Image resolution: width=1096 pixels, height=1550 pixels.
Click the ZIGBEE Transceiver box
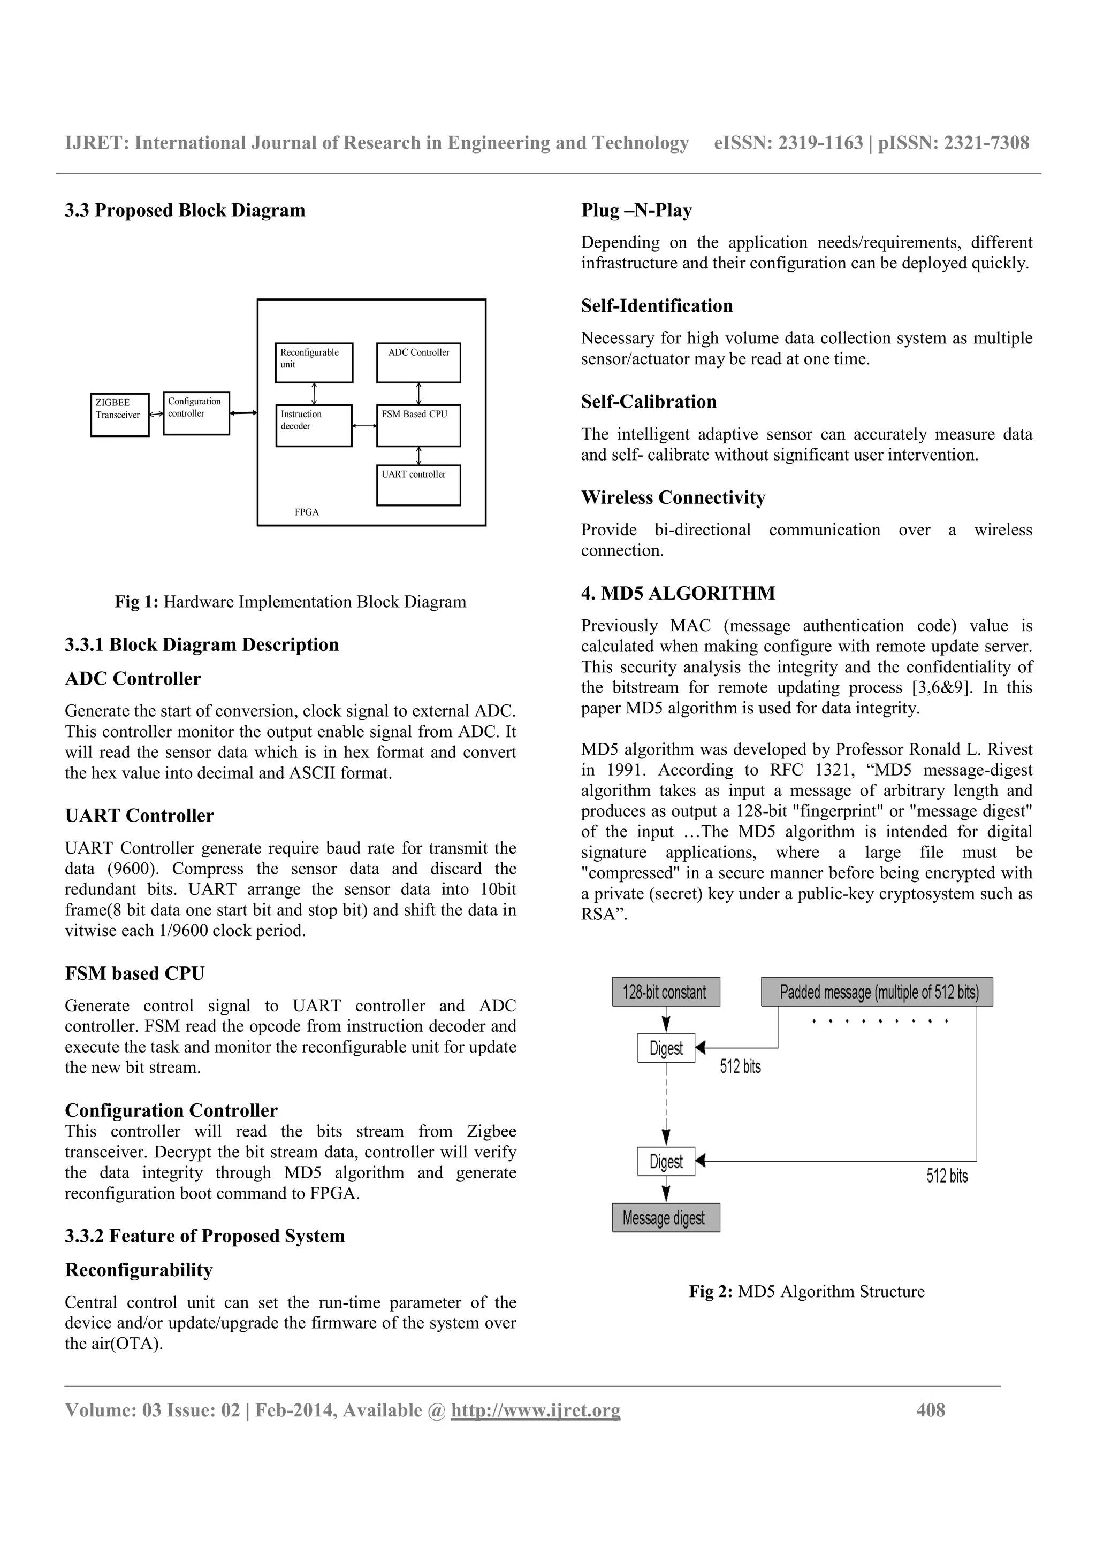click(119, 415)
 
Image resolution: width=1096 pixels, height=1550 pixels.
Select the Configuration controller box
click(196, 412)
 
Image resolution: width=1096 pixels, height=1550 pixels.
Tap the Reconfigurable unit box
click(314, 363)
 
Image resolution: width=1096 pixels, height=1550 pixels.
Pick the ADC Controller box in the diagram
click(418, 363)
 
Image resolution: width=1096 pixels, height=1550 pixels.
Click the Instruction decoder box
click(314, 425)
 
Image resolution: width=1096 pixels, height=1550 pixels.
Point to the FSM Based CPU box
click(418, 425)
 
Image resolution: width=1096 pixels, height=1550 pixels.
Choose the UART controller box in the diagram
click(418, 485)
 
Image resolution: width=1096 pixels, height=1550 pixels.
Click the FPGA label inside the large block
click(307, 512)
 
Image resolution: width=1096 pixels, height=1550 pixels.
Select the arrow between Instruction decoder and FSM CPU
click(364, 426)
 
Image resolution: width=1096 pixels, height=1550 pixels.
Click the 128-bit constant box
click(665, 992)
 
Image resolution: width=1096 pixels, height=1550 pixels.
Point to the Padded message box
click(877, 992)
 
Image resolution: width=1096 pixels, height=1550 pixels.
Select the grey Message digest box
click(665, 1218)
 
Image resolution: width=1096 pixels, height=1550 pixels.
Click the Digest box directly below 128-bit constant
click(666, 1048)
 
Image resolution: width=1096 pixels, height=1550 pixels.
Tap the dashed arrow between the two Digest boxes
click(666, 1104)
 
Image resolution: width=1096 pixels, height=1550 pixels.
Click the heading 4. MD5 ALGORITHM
click(678, 593)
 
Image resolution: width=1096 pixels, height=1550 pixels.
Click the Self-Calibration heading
click(648, 402)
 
